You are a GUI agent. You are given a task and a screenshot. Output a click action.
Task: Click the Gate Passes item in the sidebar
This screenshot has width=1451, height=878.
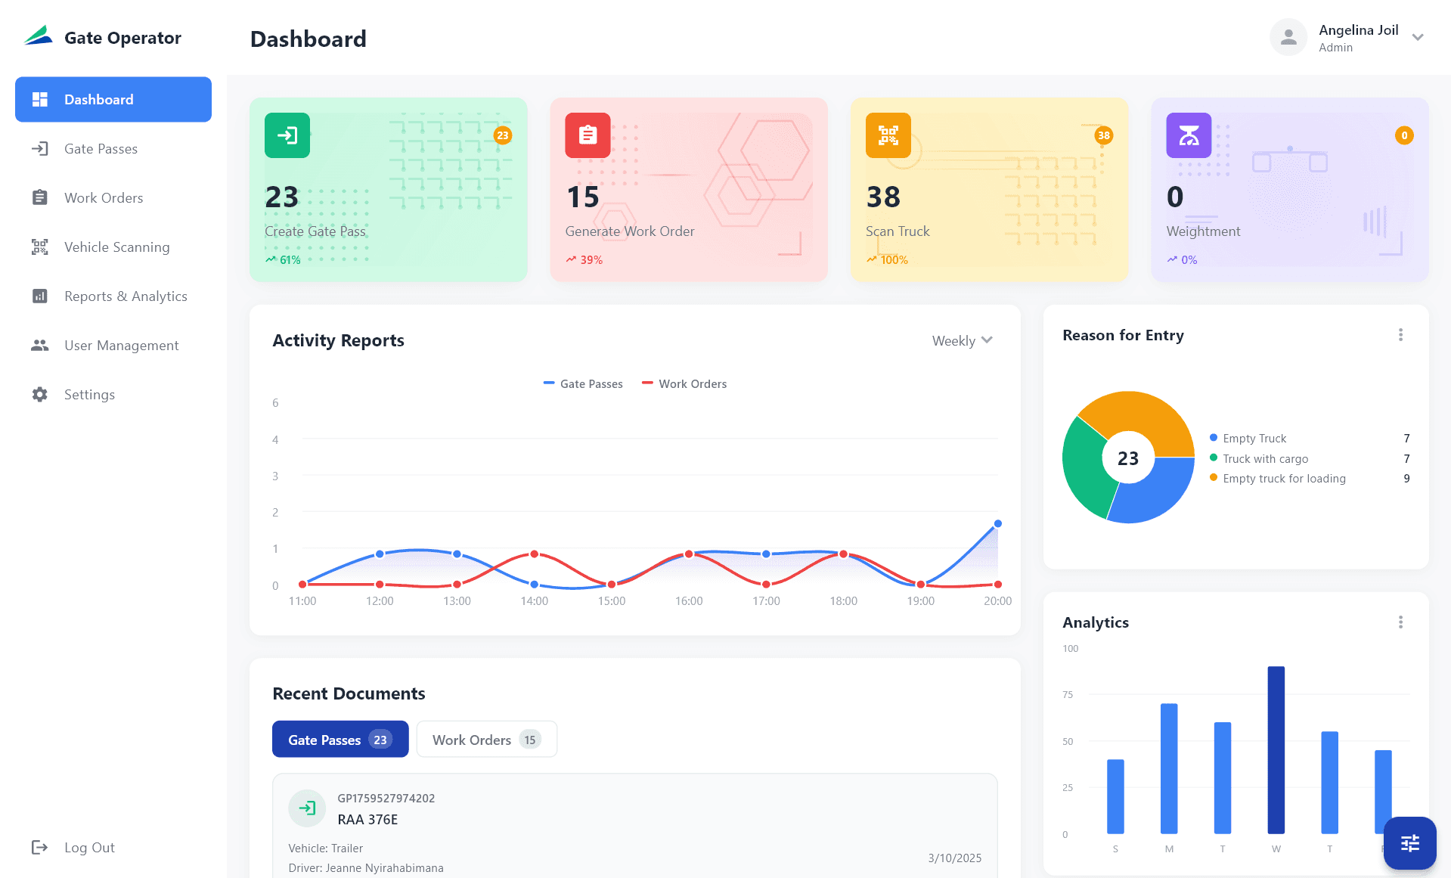click(x=101, y=149)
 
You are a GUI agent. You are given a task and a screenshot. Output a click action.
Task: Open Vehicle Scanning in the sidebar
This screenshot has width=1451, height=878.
click(x=116, y=247)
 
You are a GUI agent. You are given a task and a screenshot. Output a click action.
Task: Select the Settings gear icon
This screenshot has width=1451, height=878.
click(x=40, y=395)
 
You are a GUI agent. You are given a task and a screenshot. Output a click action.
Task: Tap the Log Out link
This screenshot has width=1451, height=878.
click(x=88, y=848)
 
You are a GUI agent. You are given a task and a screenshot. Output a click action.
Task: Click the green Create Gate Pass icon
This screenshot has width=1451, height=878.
click(x=287, y=135)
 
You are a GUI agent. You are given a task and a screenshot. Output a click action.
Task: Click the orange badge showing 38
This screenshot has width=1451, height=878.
click(x=1103, y=135)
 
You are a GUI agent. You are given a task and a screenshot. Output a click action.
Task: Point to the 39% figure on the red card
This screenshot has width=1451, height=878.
click(x=591, y=260)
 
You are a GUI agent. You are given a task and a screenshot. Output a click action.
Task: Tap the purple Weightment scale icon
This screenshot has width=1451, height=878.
click(x=1189, y=135)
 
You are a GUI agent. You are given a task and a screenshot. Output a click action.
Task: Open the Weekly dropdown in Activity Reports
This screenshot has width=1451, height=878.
click(x=962, y=341)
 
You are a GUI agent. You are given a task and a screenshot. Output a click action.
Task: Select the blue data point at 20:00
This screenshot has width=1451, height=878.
click(x=997, y=523)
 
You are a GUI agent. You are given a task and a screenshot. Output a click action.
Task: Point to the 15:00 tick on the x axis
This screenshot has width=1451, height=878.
click(x=611, y=601)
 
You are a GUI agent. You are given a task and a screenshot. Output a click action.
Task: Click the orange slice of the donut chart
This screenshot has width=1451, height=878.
click(x=1142, y=416)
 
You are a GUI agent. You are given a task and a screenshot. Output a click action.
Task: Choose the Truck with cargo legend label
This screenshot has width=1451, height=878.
click(x=1265, y=459)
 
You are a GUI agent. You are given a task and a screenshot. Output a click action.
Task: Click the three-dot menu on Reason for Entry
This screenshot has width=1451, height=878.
click(x=1400, y=335)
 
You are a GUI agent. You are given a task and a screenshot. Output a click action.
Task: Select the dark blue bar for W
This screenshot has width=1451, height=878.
click(x=1276, y=749)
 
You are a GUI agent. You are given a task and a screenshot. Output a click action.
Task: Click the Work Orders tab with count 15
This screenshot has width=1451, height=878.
click(x=486, y=740)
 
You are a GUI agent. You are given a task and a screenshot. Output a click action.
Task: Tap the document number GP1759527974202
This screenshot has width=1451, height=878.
click(x=386, y=799)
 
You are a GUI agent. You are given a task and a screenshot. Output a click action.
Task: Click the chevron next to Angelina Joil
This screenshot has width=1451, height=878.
click(x=1418, y=38)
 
